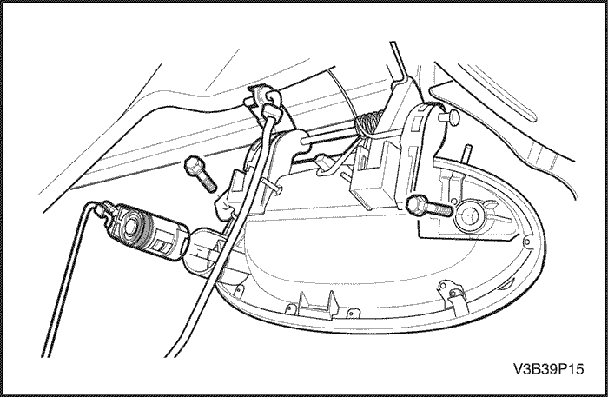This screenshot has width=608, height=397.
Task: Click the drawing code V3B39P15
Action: [548, 368]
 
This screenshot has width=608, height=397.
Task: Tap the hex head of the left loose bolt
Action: [192, 166]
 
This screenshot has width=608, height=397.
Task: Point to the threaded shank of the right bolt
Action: [439, 209]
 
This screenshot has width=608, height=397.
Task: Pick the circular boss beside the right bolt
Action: [471, 215]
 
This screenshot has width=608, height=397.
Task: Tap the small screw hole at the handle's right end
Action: [526, 242]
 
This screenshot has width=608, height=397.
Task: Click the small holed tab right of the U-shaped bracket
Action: [353, 312]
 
